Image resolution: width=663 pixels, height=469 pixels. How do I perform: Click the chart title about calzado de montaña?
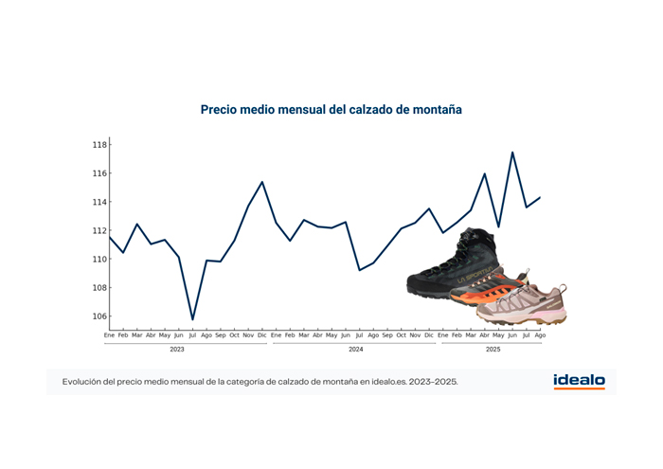click(x=331, y=110)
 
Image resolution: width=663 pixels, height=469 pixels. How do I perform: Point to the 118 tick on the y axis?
click(x=99, y=145)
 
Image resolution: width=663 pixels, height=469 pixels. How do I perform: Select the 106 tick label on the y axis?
click(x=99, y=316)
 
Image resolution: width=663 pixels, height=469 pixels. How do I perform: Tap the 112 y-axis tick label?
click(x=99, y=230)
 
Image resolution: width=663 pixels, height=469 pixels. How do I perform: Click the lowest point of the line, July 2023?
click(x=192, y=320)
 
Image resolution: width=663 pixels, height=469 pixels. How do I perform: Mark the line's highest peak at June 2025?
click(x=512, y=152)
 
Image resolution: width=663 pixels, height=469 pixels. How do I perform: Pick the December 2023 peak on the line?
click(x=262, y=181)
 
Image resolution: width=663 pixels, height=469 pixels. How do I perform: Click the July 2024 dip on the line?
click(x=359, y=270)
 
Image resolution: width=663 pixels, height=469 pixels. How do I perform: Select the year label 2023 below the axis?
click(x=177, y=350)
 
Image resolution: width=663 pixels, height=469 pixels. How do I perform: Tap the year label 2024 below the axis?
click(x=356, y=350)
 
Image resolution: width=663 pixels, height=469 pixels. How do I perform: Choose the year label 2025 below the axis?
click(x=493, y=350)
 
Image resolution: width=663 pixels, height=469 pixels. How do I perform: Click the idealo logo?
click(x=579, y=382)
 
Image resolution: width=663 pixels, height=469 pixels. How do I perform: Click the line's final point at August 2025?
click(x=540, y=197)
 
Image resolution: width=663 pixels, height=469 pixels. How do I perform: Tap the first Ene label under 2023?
click(x=109, y=335)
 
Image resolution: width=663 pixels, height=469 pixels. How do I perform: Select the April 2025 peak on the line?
click(x=485, y=173)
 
